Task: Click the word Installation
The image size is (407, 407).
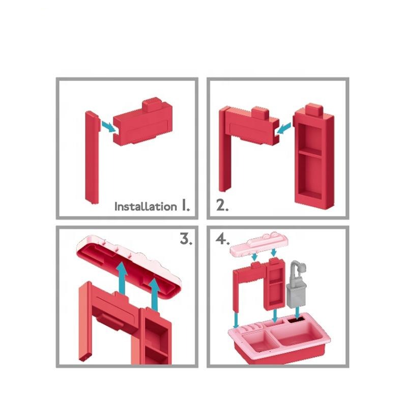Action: [x=146, y=207]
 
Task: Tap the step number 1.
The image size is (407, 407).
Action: [x=185, y=205]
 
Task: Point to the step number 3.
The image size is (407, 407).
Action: [x=186, y=239]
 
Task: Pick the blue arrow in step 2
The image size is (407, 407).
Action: [x=283, y=129]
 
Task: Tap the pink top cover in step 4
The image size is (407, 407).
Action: [x=259, y=243]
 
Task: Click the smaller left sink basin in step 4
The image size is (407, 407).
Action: [x=256, y=340]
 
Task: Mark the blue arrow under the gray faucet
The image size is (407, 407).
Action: [x=298, y=312]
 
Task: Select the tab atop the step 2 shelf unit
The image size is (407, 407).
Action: [x=314, y=110]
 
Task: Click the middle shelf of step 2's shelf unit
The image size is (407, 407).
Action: [x=310, y=153]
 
